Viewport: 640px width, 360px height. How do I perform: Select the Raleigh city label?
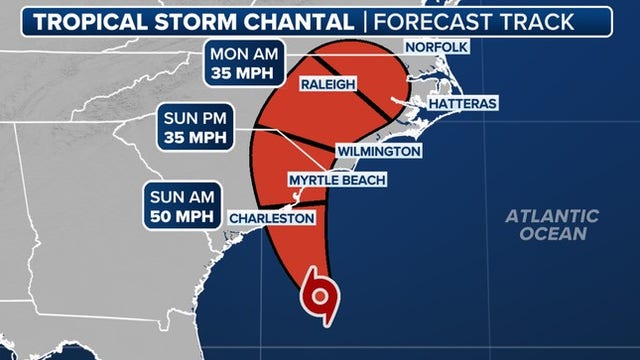point(328,85)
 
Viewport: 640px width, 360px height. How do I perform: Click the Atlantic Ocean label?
point(551,225)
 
